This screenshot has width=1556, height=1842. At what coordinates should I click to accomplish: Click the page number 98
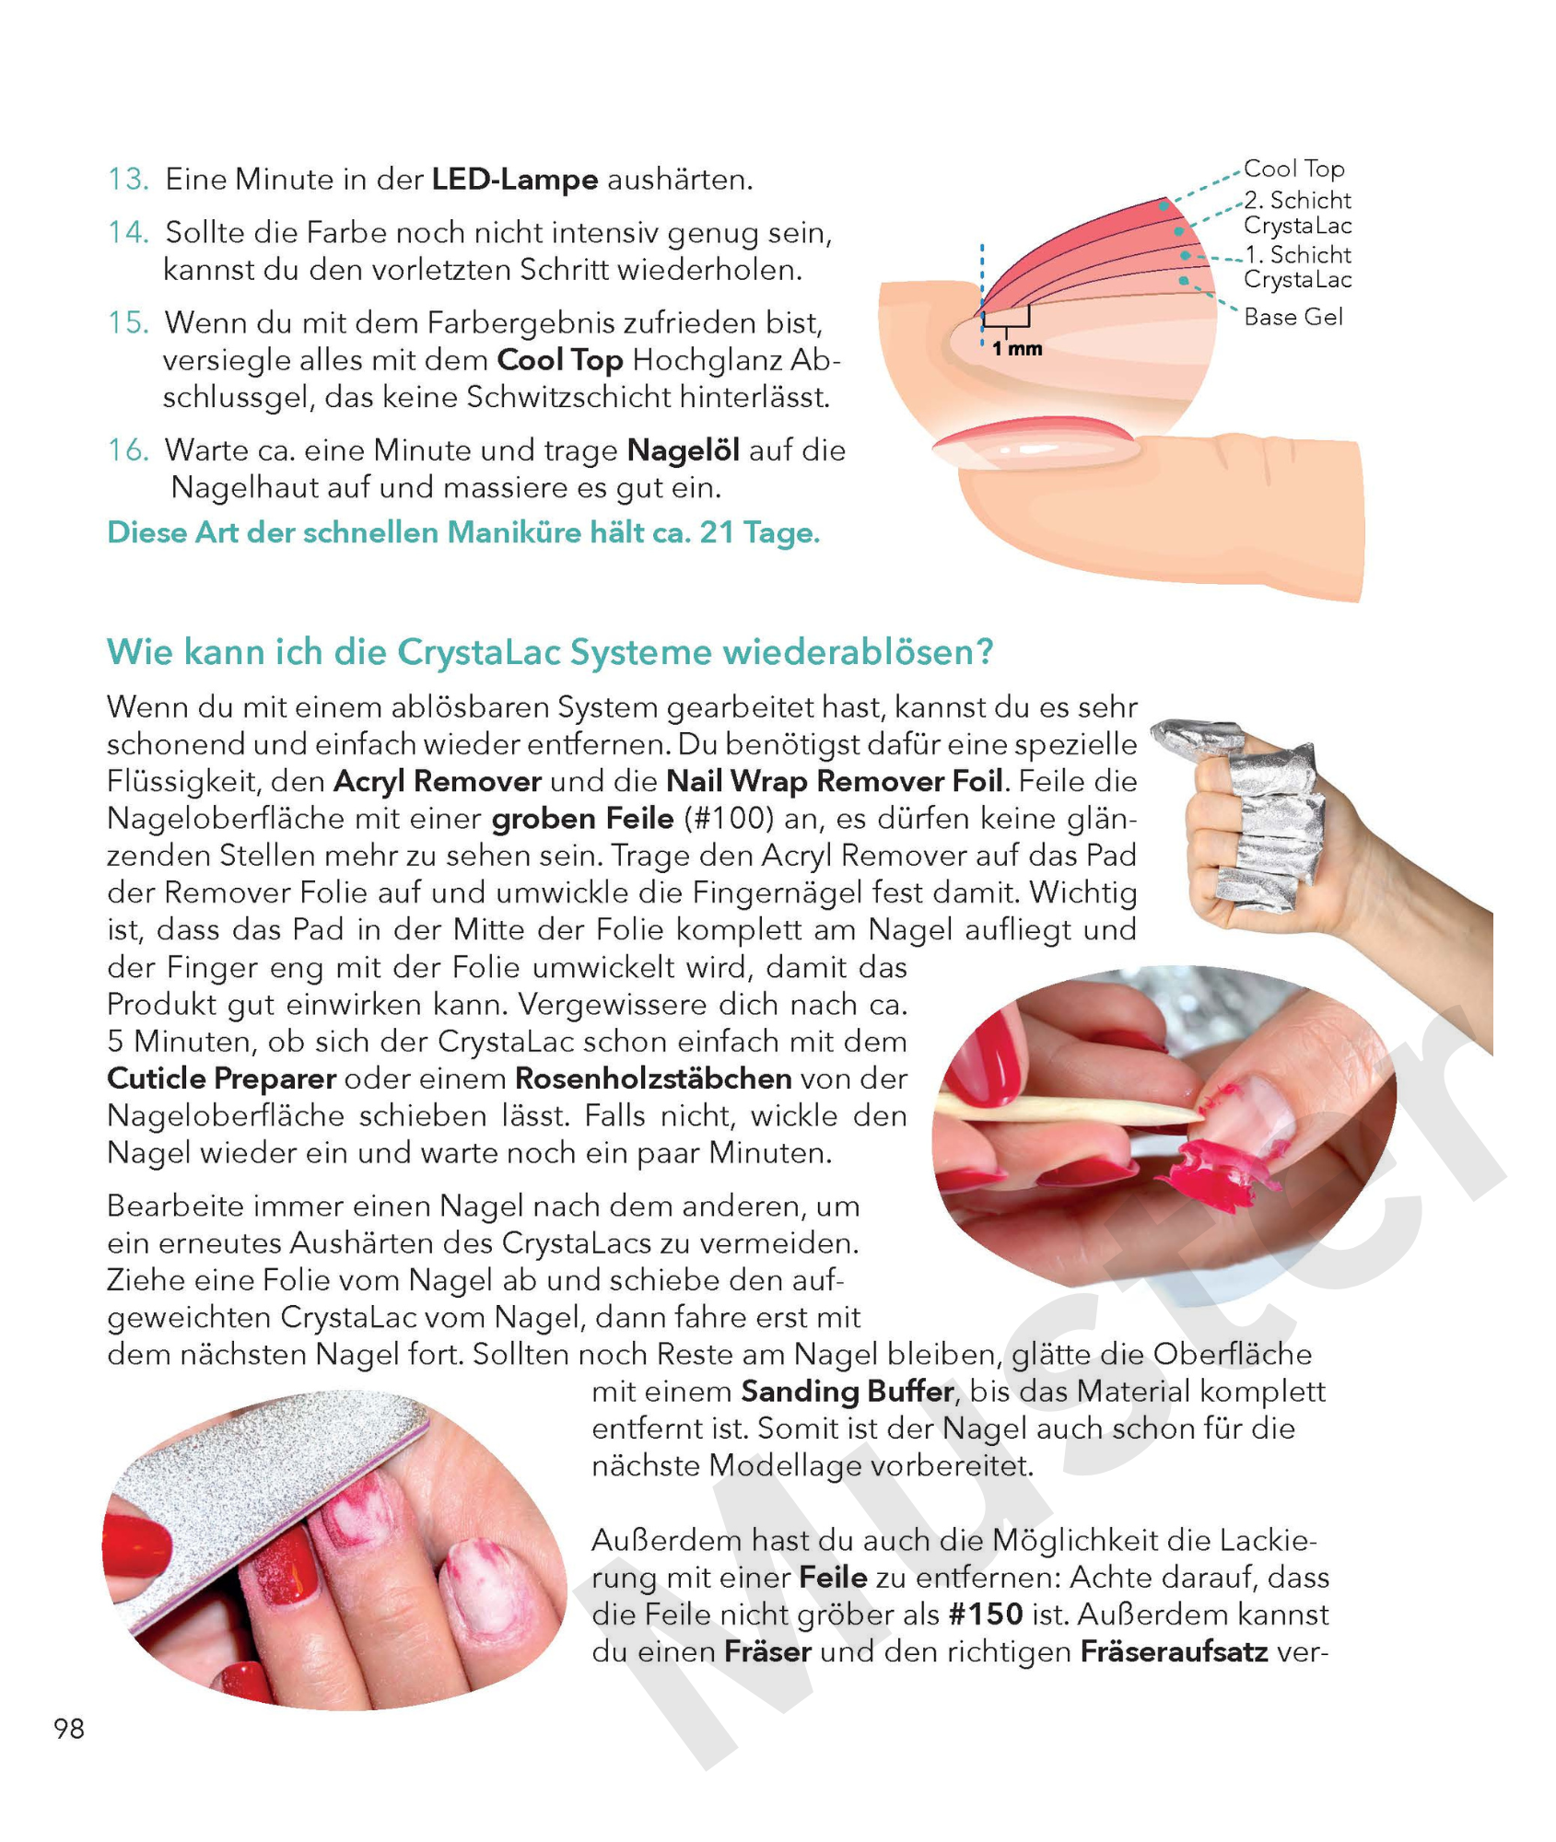click(x=69, y=1729)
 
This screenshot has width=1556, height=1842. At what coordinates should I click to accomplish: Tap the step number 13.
click(x=128, y=179)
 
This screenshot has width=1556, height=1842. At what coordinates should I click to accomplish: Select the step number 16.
click(x=128, y=450)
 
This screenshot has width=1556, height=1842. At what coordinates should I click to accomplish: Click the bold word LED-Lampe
click(x=515, y=179)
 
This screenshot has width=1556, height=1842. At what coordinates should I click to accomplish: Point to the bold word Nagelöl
click(x=684, y=450)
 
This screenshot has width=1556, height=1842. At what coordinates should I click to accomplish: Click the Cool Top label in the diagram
click(x=1293, y=169)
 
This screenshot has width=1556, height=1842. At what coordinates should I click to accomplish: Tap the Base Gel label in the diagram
click(x=1293, y=317)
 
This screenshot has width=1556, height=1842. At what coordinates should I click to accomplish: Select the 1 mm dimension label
click(x=1017, y=349)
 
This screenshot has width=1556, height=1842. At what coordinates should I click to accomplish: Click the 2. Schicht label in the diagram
click(x=1297, y=201)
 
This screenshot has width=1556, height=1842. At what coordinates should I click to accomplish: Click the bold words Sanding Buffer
click(x=847, y=1391)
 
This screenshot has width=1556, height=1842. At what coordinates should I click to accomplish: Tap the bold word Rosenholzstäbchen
click(x=653, y=1078)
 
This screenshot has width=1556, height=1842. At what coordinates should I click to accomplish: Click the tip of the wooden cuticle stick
click(x=1200, y=1117)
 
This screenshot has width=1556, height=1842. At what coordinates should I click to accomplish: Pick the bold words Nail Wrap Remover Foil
click(x=835, y=781)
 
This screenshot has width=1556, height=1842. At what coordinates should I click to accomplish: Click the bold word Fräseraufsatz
click(x=1175, y=1651)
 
